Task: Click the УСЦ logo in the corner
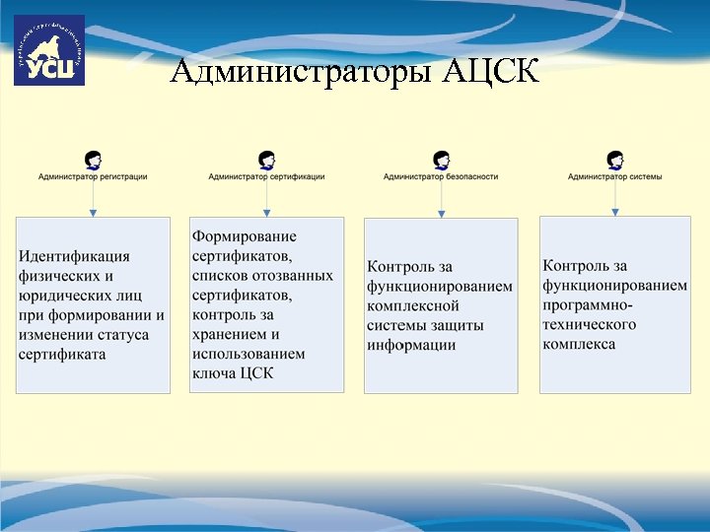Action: point(48,50)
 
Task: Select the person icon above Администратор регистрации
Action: point(93,160)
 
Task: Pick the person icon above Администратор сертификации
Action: point(266,160)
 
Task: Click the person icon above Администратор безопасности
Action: point(441,160)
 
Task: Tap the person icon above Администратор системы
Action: point(615,160)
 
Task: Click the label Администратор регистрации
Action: point(93,177)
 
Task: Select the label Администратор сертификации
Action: point(266,177)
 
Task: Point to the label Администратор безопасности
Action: point(441,177)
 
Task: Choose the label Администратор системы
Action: point(615,177)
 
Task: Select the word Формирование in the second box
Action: point(244,236)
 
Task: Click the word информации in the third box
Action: point(411,345)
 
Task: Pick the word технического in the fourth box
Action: point(590,324)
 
